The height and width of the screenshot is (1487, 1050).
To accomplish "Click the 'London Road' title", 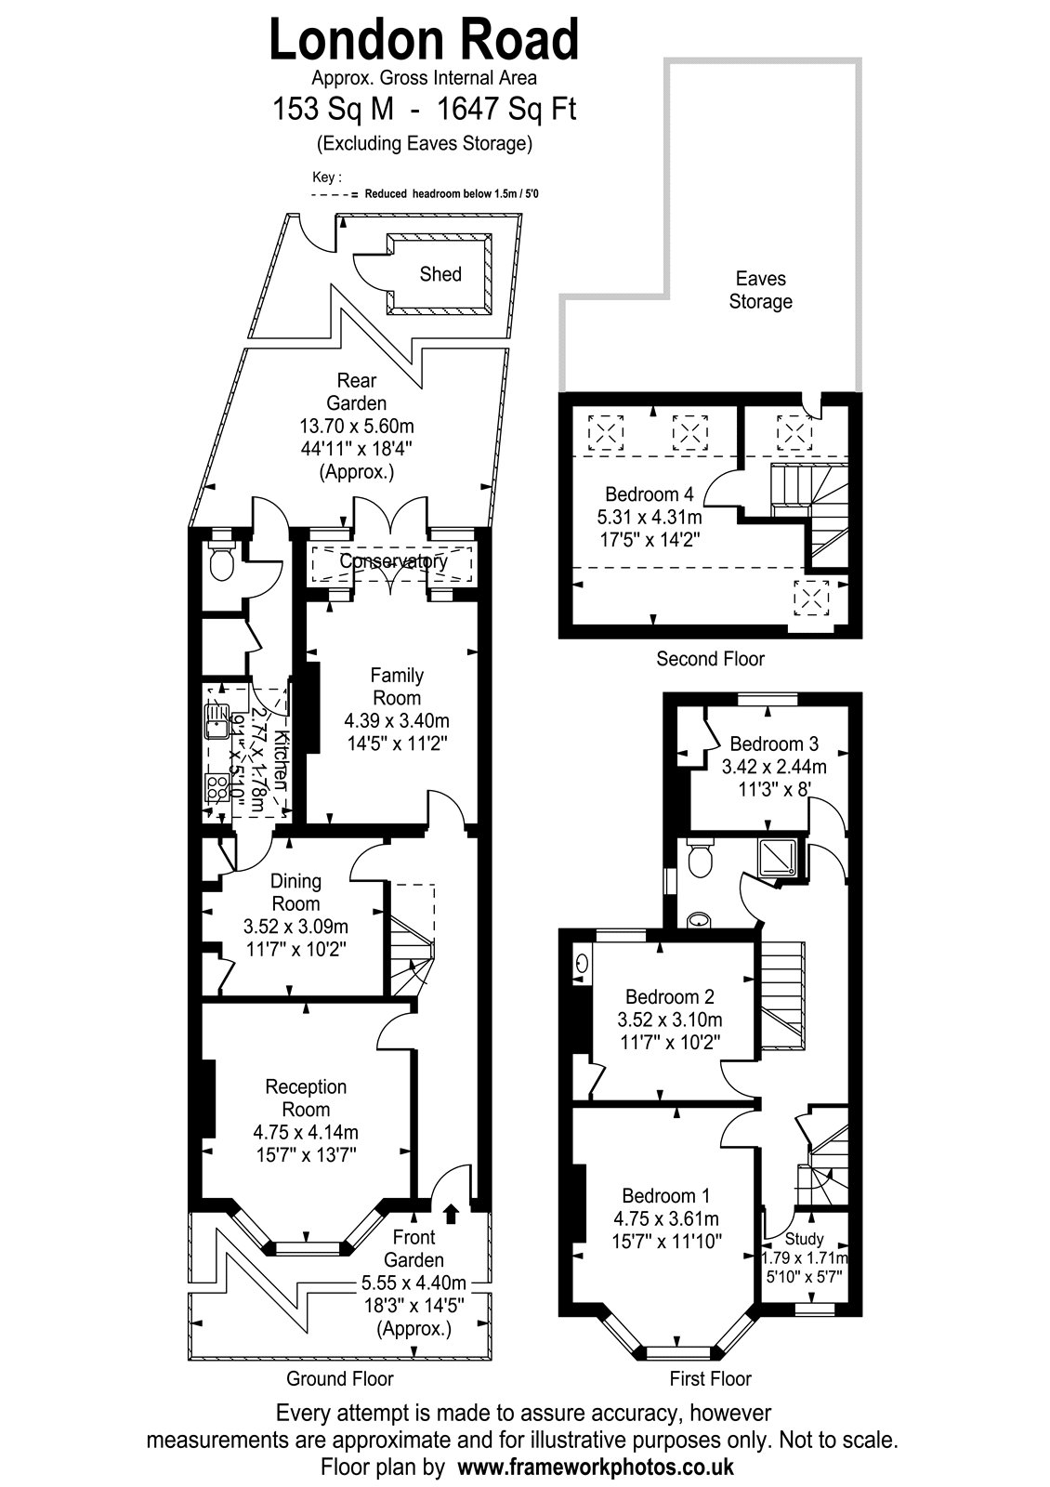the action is point(424,40).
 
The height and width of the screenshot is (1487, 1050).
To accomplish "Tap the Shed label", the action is point(440,274).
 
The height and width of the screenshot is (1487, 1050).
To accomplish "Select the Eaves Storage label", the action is point(761,290).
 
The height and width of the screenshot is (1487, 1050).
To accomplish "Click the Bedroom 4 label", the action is point(650,493).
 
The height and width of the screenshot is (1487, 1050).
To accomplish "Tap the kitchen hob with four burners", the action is point(217,789).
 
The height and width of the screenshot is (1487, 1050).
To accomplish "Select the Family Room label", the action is point(397,687).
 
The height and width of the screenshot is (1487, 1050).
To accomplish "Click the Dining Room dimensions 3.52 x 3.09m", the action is point(296,926).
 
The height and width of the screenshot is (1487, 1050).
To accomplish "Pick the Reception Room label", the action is point(306,1098).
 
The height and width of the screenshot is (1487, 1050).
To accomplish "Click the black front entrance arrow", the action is point(452,1213).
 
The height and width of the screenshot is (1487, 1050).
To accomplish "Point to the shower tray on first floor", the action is point(777,857).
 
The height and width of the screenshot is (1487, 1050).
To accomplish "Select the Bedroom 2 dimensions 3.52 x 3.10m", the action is point(670,1019).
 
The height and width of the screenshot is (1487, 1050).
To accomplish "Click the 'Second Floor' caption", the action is point(710,659).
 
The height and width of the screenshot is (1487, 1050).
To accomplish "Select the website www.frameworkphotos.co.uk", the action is point(596,1466).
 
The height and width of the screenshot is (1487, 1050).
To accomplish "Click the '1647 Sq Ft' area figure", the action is point(505,109).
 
